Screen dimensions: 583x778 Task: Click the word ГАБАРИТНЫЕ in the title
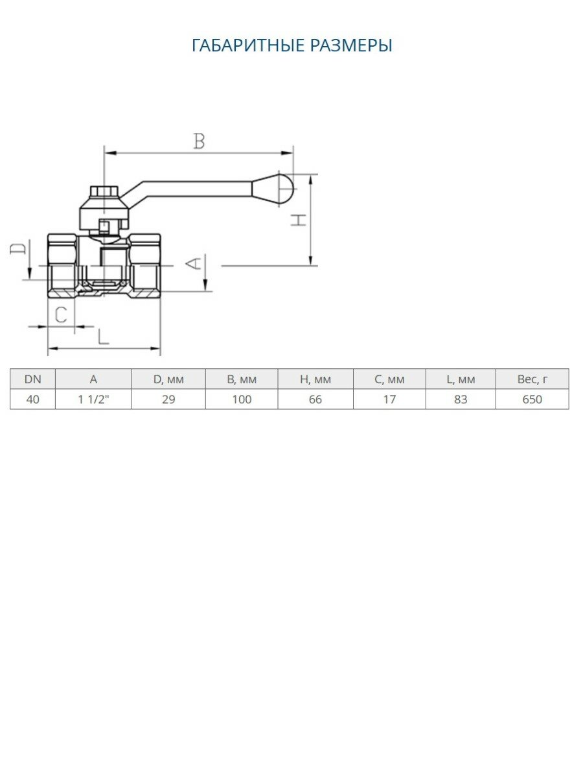tap(248, 46)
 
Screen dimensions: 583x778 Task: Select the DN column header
tap(33, 380)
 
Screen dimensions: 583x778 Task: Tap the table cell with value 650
tap(532, 399)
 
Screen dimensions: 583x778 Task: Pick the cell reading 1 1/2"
tap(93, 399)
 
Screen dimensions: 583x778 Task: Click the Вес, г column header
tap(532, 380)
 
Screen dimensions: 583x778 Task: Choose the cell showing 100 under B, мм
tap(242, 399)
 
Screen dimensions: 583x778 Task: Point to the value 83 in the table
tap(461, 399)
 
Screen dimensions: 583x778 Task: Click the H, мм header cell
tap(315, 380)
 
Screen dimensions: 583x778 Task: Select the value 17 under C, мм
tap(389, 399)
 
